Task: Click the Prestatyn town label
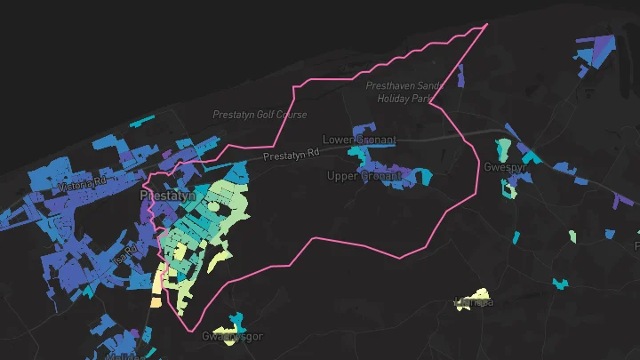[169, 192]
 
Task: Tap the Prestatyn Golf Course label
[260, 115]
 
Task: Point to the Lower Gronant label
[359, 140]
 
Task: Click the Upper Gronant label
[364, 175]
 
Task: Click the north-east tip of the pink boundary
[487, 25]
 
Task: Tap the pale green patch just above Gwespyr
[504, 147]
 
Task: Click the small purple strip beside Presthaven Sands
[461, 76]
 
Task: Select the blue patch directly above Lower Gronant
[363, 131]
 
